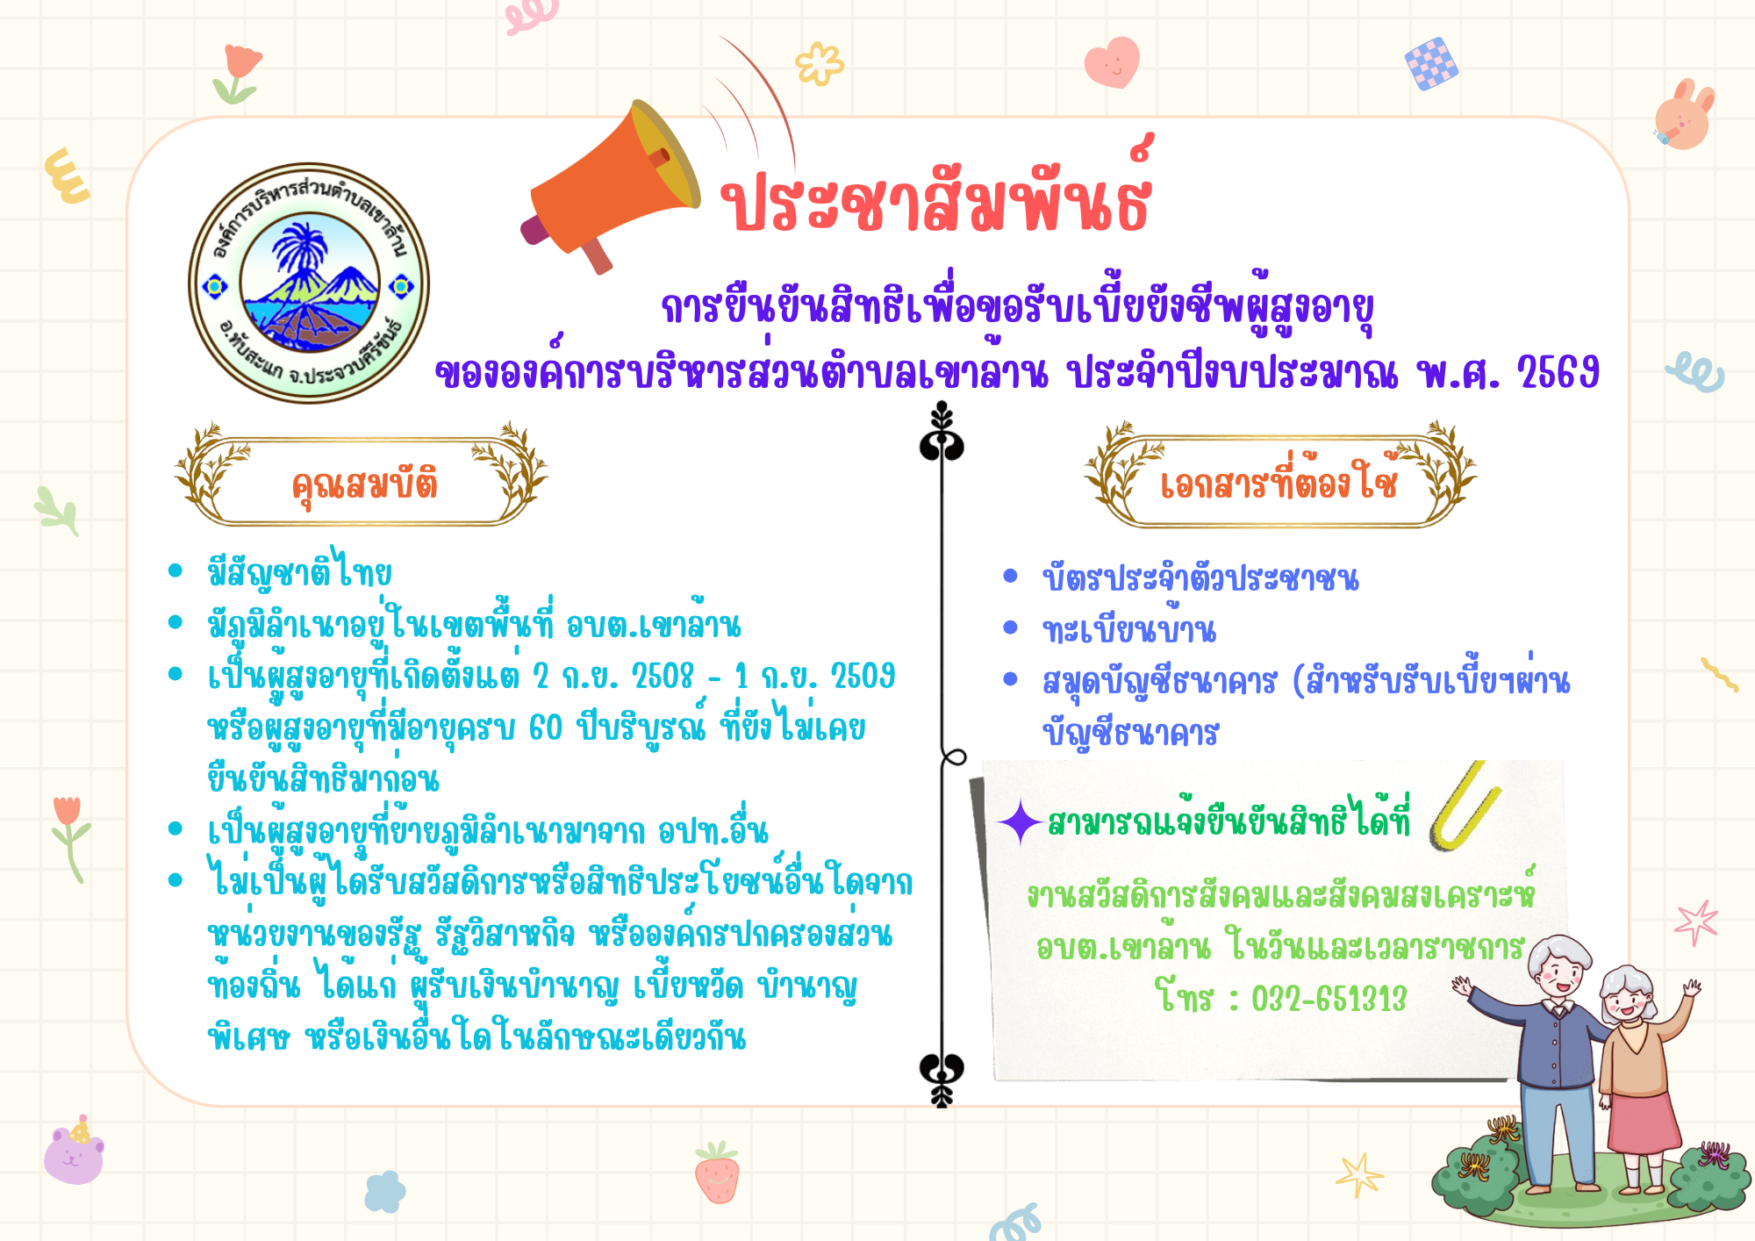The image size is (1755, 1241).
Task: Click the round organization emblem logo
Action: point(309,283)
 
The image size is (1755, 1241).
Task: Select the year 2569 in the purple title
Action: point(1558,373)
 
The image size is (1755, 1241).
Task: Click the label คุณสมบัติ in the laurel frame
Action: point(365,484)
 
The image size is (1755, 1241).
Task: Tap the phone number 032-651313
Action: point(1329,999)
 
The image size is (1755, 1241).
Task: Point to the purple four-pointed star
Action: point(1020,822)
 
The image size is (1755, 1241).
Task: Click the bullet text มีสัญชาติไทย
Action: point(299,571)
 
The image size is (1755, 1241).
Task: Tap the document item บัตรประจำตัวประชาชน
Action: point(1200,577)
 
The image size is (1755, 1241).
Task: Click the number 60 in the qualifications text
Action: point(546,728)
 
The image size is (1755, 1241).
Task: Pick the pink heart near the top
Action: point(1112,61)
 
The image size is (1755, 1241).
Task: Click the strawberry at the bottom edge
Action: point(717,1173)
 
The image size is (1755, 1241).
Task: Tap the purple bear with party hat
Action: point(75,1151)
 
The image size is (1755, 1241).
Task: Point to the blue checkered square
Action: point(1431,63)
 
